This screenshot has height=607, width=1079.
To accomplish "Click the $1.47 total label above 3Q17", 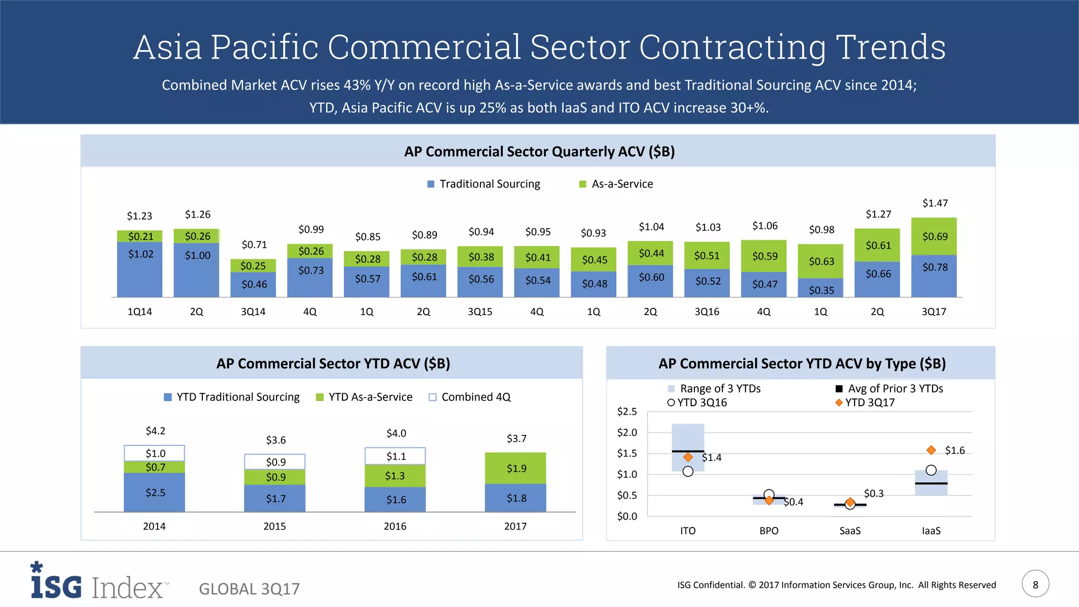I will pos(935,203).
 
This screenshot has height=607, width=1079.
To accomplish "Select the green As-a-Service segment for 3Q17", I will pos(934,237).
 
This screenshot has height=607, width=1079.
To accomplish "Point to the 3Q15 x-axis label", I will pos(480,312).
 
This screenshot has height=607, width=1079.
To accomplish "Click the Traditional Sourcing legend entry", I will pos(484,184).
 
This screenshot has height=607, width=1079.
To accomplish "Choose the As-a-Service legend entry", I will pos(616,184).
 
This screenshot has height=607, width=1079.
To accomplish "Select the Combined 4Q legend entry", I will pos(470,397).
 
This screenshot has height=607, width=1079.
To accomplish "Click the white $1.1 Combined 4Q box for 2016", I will pos(395,456).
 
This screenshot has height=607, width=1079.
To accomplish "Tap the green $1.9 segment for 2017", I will pos(515,468).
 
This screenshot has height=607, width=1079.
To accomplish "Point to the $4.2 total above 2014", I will pos(155,431).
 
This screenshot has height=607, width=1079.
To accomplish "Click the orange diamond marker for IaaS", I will pos(931,450).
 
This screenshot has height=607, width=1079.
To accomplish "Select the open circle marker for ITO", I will pos(688,472).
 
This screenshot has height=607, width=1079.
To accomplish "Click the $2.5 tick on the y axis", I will pos(627,412).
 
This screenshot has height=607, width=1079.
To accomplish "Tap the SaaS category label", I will pos(850,531).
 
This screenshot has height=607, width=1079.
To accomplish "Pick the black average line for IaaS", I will pos(931,483).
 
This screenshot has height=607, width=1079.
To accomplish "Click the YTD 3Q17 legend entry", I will pos(865,403).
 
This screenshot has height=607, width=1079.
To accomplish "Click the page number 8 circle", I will pos(1035,584).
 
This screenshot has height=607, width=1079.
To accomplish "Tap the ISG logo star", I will pos(36,567).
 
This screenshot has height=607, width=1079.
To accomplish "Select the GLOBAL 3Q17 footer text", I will pos(249,589).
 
